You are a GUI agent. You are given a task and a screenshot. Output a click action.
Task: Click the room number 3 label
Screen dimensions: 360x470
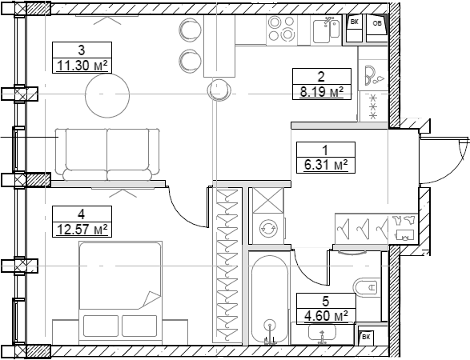click(81, 50)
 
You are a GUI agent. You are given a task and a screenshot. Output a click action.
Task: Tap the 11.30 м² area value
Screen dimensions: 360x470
click(81, 65)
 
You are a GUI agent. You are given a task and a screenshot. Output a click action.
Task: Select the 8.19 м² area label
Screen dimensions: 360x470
click(321, 92)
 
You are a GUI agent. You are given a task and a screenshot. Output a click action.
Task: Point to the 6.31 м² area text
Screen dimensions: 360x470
click(324, 165)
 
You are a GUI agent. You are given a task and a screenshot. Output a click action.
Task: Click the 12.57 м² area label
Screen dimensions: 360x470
click(81, 230)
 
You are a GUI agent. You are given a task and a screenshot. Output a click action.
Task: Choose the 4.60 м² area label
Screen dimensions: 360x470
click(323, 315)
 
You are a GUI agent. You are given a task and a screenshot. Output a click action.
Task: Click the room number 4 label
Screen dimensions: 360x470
click(81, 214)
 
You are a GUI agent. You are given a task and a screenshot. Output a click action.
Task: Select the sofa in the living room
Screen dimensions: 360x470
click(106, 154)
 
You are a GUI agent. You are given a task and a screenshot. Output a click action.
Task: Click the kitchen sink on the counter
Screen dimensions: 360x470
click(328, 29)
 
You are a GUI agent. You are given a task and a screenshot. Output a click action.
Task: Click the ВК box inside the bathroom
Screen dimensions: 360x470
click(366, 337)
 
